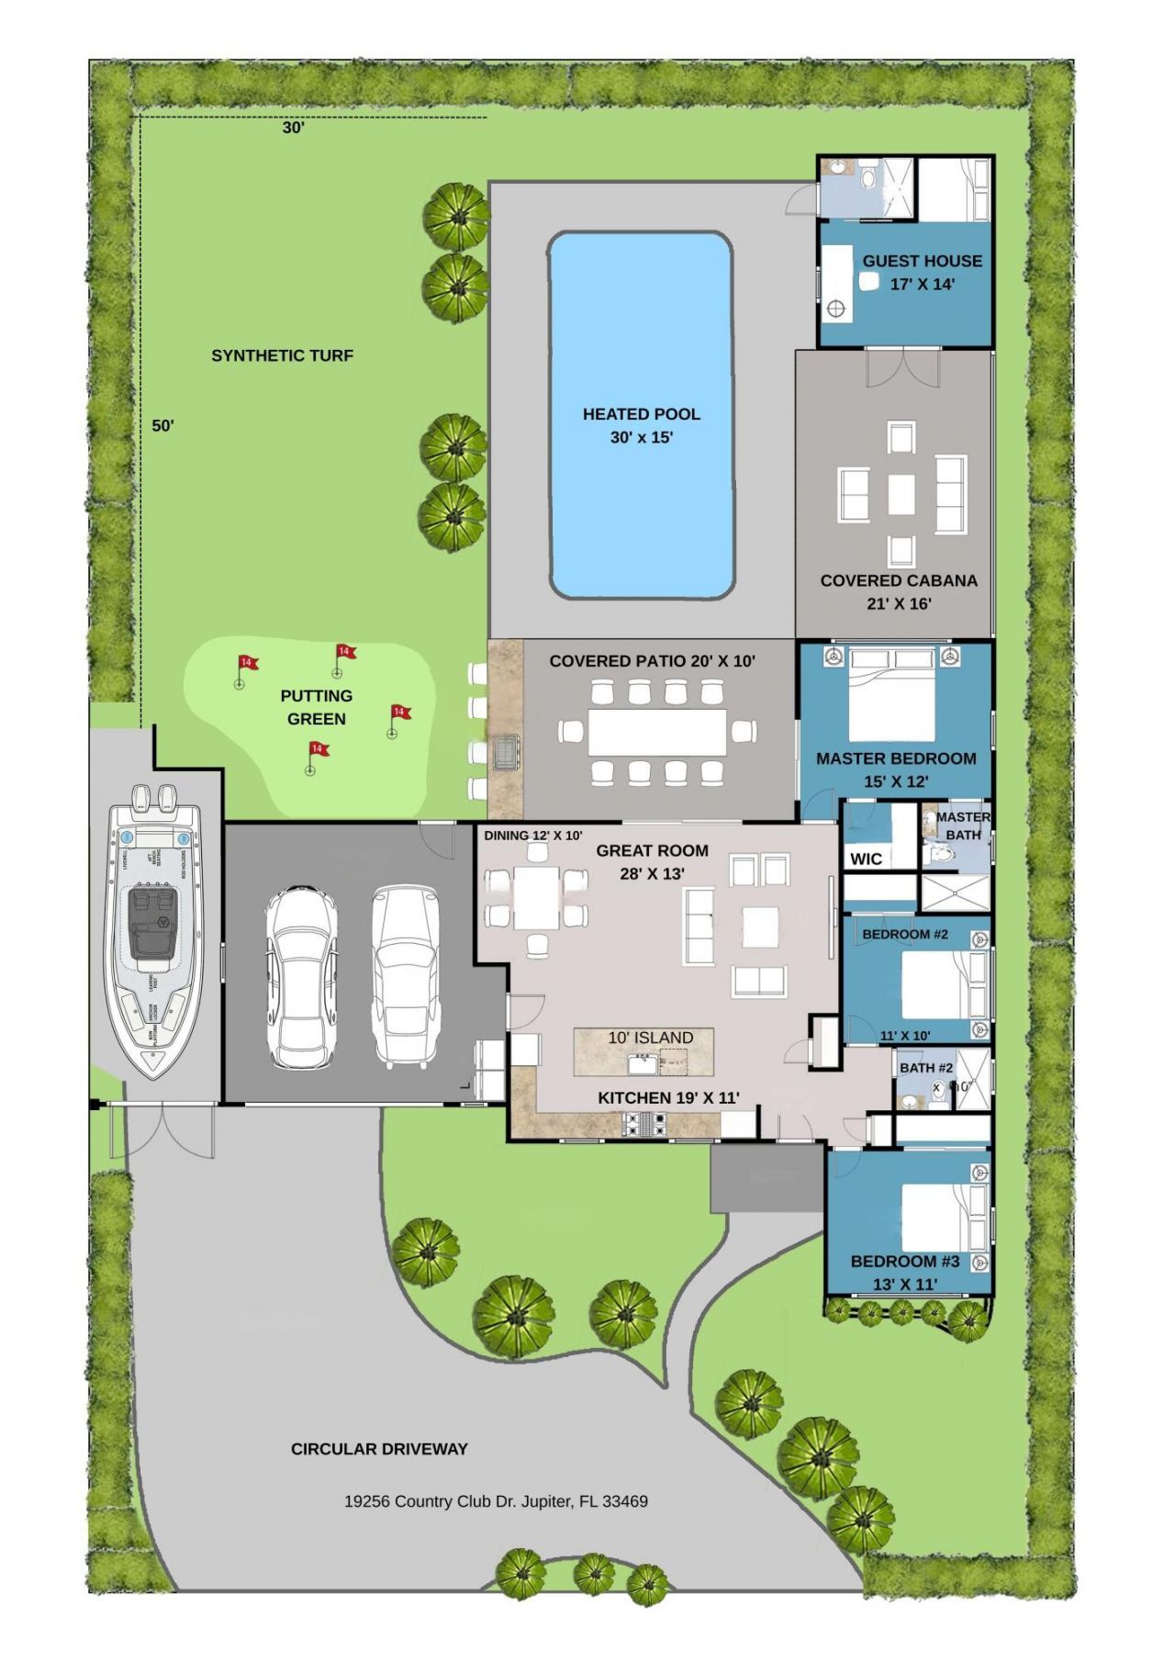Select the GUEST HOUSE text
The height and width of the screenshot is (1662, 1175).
[x=922, y=261]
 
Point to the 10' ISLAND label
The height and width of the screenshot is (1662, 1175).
[x=650, y=1038]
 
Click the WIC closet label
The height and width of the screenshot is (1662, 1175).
[x=866, y=859]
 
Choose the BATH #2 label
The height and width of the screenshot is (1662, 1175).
[x=926, y=1068]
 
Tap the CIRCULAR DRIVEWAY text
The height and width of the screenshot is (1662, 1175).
[x=379, y=1449]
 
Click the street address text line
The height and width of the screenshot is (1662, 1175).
[x=496, y=1502]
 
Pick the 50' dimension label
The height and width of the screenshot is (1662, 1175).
[x=163, y=426]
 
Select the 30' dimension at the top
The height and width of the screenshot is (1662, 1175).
[x=293, y=129]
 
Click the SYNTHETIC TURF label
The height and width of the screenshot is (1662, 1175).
[x=282, y=356]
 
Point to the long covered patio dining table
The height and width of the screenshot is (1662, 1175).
[x=656, y=732]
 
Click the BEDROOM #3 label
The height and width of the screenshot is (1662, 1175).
[x=904, y=1262]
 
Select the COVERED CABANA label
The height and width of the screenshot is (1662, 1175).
[x=898, y=580]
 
